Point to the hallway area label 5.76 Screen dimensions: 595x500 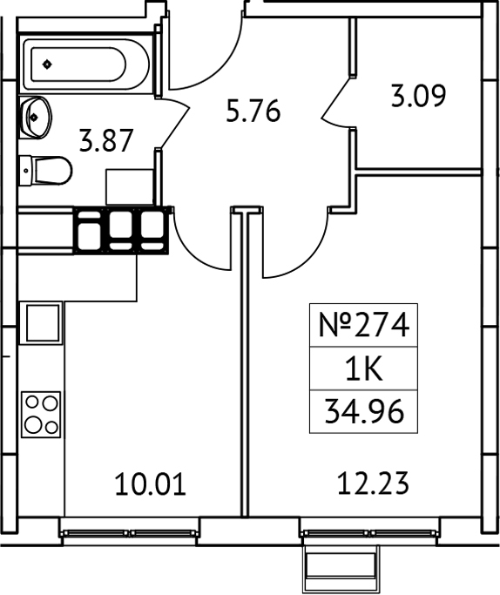(x=253, y=112)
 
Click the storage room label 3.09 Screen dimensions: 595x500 (x=418, y=95)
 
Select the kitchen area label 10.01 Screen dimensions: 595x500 (x=151, y=483)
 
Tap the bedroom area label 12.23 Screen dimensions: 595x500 (x=372, y=480)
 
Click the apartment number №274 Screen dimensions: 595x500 (x=362, y=326)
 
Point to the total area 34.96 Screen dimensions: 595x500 (x=363, y=411)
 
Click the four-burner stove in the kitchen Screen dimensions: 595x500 (x=41, y=415)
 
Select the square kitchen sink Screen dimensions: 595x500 (x=41, y=322)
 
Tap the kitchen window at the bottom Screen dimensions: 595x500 (x=130, y=529)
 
